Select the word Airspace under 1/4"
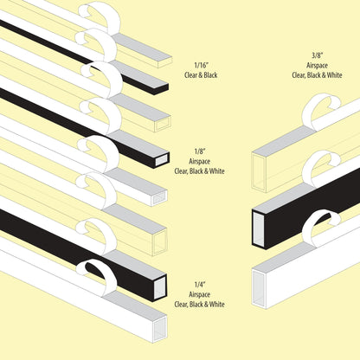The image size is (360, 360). [199, 295]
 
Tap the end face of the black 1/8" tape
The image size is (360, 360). [162, 159]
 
